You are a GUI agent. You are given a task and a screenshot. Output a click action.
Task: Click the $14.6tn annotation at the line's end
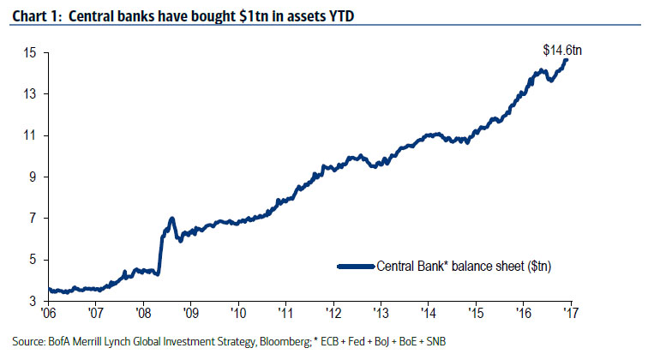tap(561, 50)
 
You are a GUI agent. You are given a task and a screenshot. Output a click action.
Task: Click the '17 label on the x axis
tap(569, 315)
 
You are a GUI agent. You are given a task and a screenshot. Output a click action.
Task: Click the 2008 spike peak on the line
tap(172, 219)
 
